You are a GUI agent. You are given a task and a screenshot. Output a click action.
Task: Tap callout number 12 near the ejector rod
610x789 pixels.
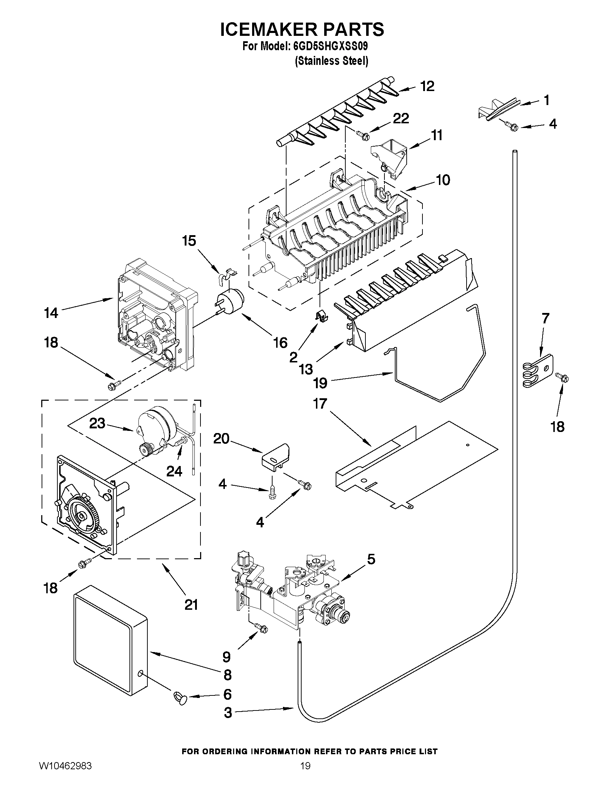pyautogui.click(x=427, y=86)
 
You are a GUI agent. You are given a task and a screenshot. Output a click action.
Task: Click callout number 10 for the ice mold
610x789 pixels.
pyautogui.click(x=443, y=180)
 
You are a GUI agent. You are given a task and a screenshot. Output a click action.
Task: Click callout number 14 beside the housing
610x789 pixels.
pyautogui.click(x=51, y=313)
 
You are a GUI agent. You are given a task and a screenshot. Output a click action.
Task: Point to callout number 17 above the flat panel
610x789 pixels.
pyautogui.click(x=320, y=404)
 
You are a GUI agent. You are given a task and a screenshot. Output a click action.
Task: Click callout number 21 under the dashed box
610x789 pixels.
pyautogui.click(x=191, y=604)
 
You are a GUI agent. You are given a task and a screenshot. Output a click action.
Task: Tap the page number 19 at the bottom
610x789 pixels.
pyautogui.click(x=306, y=776)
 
